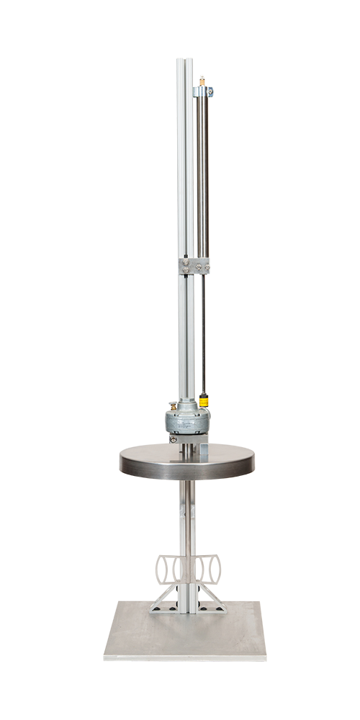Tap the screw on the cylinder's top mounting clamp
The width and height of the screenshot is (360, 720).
click(210, 92)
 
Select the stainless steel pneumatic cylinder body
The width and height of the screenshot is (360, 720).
click(202, 173)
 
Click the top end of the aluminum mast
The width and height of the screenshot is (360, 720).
click(184, 60)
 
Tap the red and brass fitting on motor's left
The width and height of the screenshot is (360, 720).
click(171, 405)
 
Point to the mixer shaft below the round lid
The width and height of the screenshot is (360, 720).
click(187, 518)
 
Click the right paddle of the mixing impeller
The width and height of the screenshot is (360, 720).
click(208, 569)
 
